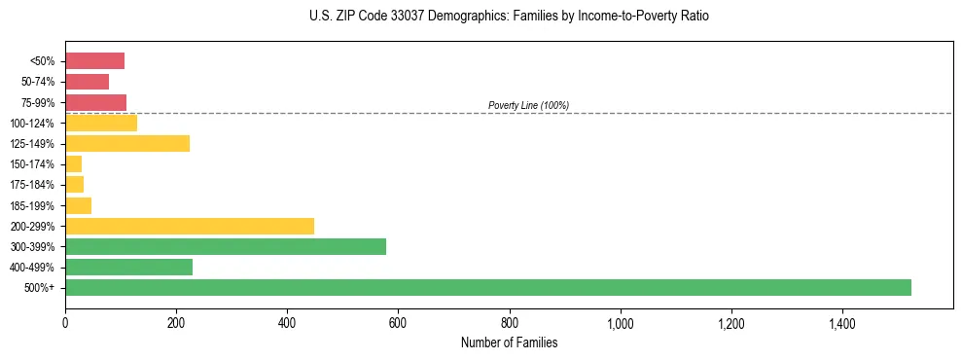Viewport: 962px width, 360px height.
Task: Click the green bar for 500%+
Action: pyautogui.click(x=487, y=287)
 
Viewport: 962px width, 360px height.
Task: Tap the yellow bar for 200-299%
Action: pyautogui.click(x=190, y=226)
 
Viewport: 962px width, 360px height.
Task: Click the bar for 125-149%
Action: pyautogui.click(x=127, y=143)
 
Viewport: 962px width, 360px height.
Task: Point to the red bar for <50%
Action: pyautogui.click(x=94, y=61)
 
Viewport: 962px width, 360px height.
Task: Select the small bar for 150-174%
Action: pyautogui.click(x=73, y=163)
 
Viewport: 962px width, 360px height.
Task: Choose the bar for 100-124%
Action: pyautogui.click(x=101, y=123)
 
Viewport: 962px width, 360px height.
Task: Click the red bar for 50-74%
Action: pyautogui.click(x=87, y=82)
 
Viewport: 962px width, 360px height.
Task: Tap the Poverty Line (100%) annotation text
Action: pyautogui.click(x=528, y=105)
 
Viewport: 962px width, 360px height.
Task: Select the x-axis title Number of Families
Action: pyautogui.click(x=510, y=342)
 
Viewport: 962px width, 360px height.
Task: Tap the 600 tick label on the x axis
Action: pyautogui.click(x=398, y=323)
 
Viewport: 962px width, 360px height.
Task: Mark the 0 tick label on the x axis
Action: pyautogui.click(x=65, y=323)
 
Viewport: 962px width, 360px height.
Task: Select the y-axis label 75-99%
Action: pyautogui.click(x=37, y=102)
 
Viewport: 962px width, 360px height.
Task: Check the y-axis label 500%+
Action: pyautogui.click(x=41, y=288)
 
